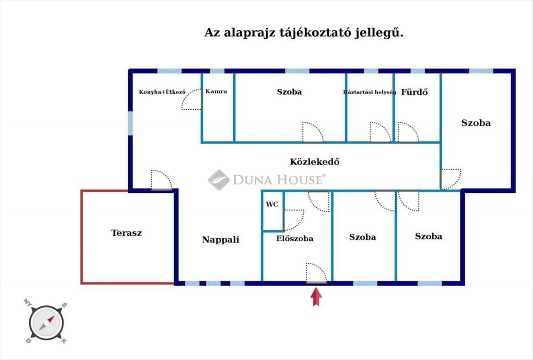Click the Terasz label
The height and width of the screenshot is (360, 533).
[127, 232]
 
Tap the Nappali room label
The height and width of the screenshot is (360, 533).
[221, 240]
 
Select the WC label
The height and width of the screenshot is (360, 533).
[272, 204]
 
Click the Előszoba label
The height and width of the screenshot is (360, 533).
[294, 239]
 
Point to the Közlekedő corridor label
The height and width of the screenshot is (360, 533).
[315, 162]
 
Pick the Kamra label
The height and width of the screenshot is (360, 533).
[216, 92]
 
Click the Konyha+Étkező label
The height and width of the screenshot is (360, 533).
[162, 92]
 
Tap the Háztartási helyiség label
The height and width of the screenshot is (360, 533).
[369, 92]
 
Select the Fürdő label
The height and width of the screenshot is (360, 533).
[414, 92]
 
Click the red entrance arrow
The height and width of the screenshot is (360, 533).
[316, 296]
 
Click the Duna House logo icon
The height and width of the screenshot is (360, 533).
[219, 180]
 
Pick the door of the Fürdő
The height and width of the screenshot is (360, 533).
[408, 133]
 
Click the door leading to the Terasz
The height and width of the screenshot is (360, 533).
[161, 180]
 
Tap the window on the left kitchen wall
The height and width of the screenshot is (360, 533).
[130, 123]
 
